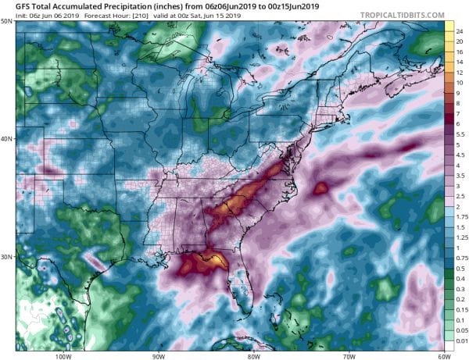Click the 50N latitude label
coord(7,22)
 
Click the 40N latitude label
coord(7,139)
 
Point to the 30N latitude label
coord(7,257)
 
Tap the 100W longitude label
coord(63,355)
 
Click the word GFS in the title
coord(25,6)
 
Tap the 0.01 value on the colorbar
coord(460,340)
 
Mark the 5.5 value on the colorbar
coord(460,134)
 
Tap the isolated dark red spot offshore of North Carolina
coord(320,187)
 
